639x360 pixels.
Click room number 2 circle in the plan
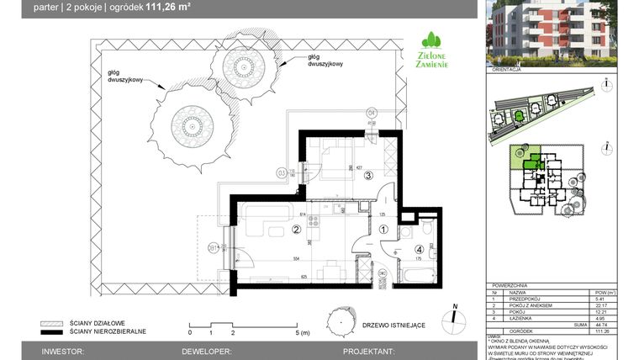pos(296,228)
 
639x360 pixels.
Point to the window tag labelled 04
pos(372,110)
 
